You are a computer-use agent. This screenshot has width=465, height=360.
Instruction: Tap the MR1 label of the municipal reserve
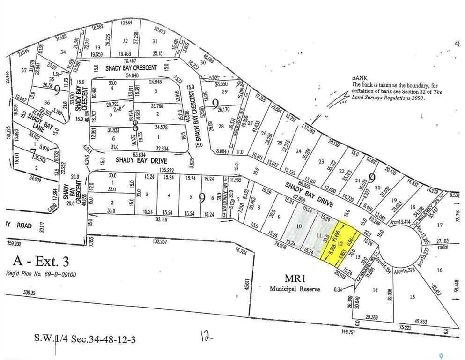(295, 278)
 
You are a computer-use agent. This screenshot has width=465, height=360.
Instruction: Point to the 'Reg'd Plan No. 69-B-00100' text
(41, 275)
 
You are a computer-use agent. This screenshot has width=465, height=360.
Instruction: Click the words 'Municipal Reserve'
(295, 289)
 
